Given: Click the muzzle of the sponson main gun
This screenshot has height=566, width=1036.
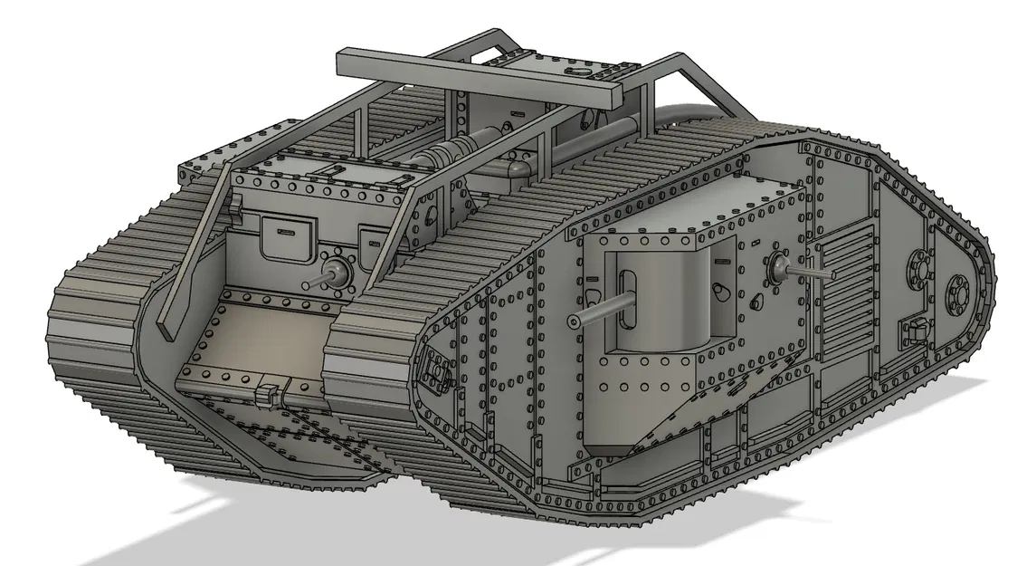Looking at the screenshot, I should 573,321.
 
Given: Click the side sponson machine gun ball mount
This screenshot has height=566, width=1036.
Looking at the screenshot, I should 777,266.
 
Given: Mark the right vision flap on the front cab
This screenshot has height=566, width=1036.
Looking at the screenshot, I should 373,243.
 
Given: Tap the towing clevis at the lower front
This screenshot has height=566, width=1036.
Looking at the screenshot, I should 267,396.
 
